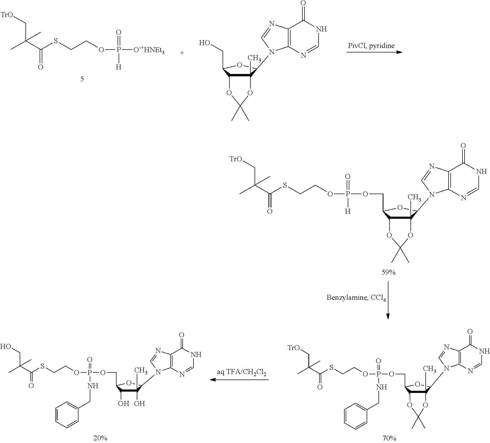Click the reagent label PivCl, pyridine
click(371, 46)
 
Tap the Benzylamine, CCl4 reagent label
click(356, 298)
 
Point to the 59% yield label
click(388, 273)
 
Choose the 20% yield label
click(100, 438)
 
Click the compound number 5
click(82, 79)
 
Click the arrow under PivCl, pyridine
click(374, 52)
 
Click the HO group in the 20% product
click(6, 346)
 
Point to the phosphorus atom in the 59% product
click(347, 194)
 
